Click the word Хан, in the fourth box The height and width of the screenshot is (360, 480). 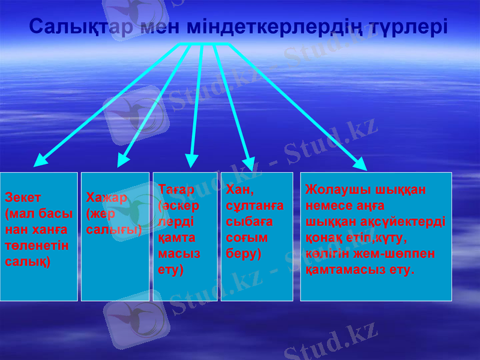tap(240, 190)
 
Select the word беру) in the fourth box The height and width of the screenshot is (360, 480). tap(244, 253)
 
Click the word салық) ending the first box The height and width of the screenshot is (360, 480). tap(28, 262)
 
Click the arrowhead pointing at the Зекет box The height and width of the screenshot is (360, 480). tap(40, 160)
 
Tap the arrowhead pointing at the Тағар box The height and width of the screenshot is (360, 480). tap(191, 160)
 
